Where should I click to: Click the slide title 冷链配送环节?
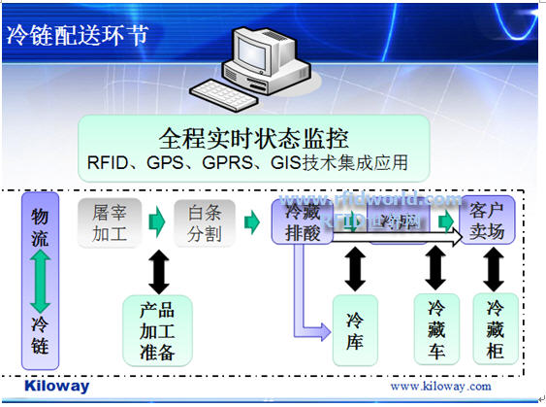tap(78, 36)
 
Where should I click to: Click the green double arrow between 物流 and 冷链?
tap(40, 280)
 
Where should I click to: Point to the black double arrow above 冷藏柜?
tap(493, 266)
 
